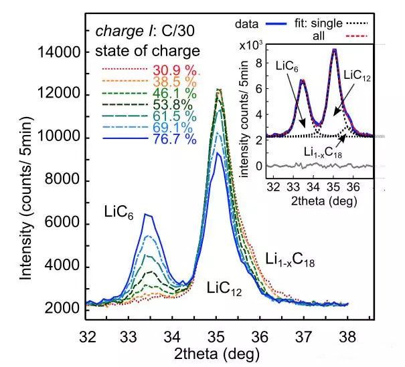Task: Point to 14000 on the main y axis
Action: pos(59,51)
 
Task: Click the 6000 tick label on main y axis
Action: pos(62,223)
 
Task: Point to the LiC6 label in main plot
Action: pos(121,212)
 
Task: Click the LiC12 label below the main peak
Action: pos(224,289)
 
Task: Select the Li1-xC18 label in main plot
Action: pos(295,259)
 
